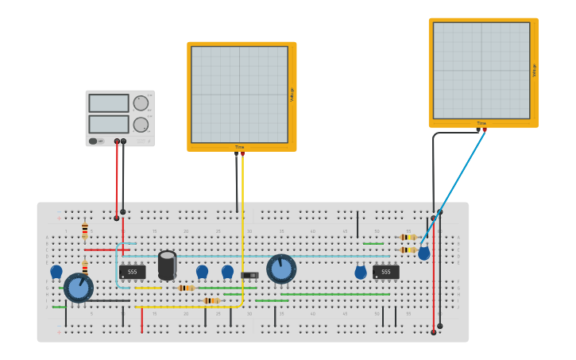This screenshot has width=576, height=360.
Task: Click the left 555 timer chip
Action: tap(133, 272)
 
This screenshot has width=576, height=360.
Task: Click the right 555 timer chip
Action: tap(386, 272)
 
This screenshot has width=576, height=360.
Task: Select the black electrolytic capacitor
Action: tap(167, 265)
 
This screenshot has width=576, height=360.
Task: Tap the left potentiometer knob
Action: tap(78, 288)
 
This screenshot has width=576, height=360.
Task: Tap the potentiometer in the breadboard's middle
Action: tap(281, 269)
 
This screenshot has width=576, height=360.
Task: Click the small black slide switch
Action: tap(249, 275)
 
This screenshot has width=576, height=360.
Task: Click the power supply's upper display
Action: tap(109, 103)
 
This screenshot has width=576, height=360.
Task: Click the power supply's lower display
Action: tap(109, 124)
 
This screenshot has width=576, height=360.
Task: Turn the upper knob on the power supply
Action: tap(141, 103)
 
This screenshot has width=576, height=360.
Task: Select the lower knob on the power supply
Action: tap(141, 125)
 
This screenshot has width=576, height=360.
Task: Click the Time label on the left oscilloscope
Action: tap(240, 147)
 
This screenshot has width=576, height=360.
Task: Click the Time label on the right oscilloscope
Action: tap(481, 123)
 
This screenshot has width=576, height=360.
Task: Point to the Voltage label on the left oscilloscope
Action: tap(292, 95)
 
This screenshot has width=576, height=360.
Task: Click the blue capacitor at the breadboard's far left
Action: tap(56, 271)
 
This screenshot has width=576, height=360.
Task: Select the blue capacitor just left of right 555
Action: tap(361, 272)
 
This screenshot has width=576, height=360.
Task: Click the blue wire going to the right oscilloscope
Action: tap(453, 188)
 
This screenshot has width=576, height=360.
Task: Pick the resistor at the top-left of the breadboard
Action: tap(85, 230)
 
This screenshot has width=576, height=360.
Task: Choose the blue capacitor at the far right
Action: tap(424, 253)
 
